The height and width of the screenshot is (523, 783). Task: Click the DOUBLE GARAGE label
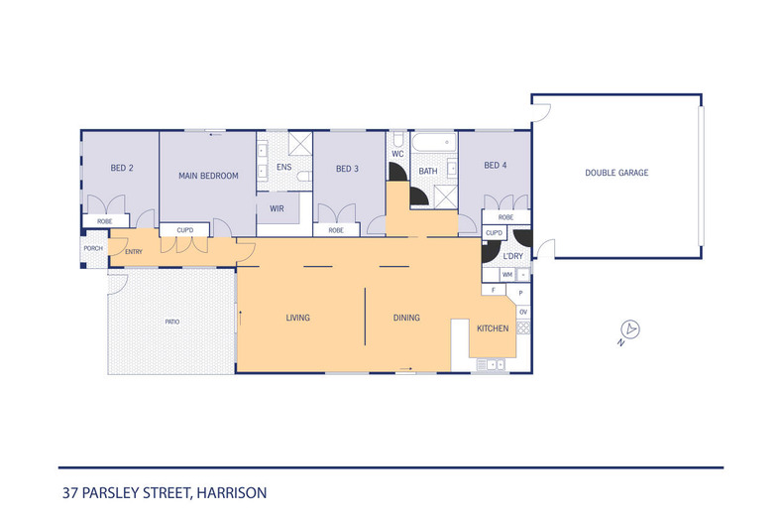pos(616,173)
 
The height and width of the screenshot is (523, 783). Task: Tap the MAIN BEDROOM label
pos(208,176)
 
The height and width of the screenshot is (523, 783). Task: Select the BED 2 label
pos(122,168)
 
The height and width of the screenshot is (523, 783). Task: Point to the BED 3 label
pos(347,169)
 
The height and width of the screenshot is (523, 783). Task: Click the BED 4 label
pos(495,166)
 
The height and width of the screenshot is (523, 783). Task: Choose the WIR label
pos(278,209)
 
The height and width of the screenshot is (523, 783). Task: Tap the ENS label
pos(283,168)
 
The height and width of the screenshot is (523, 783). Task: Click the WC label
pos(397,155)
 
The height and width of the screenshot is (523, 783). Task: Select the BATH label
pos(428,172)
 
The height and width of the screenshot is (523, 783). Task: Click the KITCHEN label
pos(493,328)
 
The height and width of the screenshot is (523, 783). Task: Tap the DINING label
pos(406,319)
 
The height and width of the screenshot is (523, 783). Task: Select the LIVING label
pos(298,319)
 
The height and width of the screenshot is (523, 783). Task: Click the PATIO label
pos(172,323)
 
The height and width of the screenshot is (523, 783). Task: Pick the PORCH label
pos(93,248)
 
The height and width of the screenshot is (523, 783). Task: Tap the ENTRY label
pos(134,252)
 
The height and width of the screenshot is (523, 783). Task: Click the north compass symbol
pos(627,331)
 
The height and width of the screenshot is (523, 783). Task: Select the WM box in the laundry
pos(507,274)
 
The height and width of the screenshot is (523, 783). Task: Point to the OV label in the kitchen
pos(523,313)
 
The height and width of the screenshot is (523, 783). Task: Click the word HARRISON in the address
pos(231,492)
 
